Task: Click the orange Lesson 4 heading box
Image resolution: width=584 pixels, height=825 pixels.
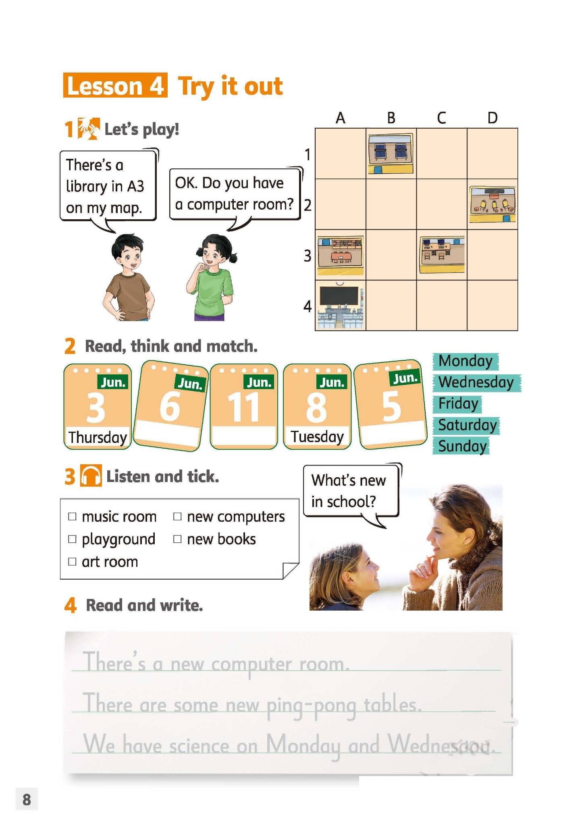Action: pyautogui.click(x=115, y=85)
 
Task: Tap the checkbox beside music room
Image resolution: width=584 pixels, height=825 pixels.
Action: pyautogui.click(x=72, y=516)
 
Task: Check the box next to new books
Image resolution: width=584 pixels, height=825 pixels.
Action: pyautogui.click(x=177, y=539)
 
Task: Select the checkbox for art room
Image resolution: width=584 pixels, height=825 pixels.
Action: pyautogui.click(x=72, y=561)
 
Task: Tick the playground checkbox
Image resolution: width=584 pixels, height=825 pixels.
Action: pyautogui.click(x=72, y=539)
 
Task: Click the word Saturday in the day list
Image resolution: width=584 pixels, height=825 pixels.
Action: pyautogui.click(x=468, y=425)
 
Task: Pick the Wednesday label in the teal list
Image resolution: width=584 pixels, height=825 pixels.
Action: pyautogui.click(x=476, y=382)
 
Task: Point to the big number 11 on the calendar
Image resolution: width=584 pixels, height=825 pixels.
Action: pyautogui.click(x=243, y=407)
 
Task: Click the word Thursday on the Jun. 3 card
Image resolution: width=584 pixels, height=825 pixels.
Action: pyautogui.click(x=98, y=437)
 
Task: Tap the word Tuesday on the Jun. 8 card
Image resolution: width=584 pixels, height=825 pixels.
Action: pyautogui.click(x=317, y=436)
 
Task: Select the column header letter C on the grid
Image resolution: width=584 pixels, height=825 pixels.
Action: pyautogui.click(x=441, y=118)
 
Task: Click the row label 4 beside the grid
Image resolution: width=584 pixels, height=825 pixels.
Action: pyautogui.click(x=308, y=306)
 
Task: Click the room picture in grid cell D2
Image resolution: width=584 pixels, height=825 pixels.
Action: pyautogui.click(x=493, y=204)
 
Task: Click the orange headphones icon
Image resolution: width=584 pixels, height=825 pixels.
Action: pyautogui.click(x=91, y=476)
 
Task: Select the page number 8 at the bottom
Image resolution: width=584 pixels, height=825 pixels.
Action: pyautogui.click(x=27, y=799)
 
